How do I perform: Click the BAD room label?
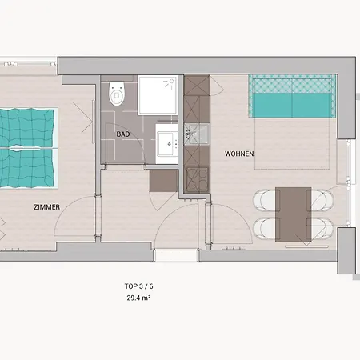point(123,134)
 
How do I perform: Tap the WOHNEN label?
point(239,154)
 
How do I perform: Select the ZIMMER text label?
point(46,207)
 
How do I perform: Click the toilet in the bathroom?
point(117,94)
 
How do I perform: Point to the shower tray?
point(158,95)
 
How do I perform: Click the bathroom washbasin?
point(167,144)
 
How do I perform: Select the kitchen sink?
point(197,134)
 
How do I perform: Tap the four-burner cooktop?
point(198,179)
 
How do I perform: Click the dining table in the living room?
point(294,214)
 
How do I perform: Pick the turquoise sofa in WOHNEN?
point(293,96)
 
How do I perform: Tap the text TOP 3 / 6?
point(138,286)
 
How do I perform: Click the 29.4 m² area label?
point(138,298)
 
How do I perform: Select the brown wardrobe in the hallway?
point(164,181)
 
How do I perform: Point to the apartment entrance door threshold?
point(176,255)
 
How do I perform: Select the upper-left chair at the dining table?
point(265,200)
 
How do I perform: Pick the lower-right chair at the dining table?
point(322,229)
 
